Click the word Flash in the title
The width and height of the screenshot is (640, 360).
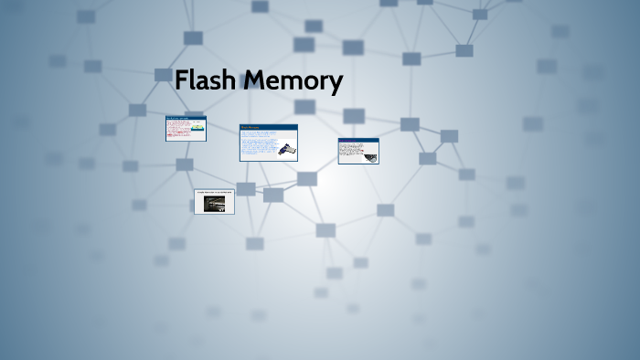point(207,81)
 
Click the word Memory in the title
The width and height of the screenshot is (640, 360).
point(293,82)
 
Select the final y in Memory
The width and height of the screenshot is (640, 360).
point(336,84)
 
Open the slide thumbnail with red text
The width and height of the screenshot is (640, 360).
point(186,129)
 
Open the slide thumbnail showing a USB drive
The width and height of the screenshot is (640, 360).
point(269,143)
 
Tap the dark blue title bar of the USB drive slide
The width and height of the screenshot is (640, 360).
point(269,127)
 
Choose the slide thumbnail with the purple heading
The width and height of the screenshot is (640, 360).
point(358,151)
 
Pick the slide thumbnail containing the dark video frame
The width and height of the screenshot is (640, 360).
point(214,202)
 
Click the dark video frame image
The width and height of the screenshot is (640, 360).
point(214,205)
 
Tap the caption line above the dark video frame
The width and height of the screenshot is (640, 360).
point(214,193)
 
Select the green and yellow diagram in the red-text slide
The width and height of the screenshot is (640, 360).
point(197,130)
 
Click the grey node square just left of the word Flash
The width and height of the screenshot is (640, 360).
point(164,75)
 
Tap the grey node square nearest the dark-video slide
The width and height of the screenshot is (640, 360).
point(246,189)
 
